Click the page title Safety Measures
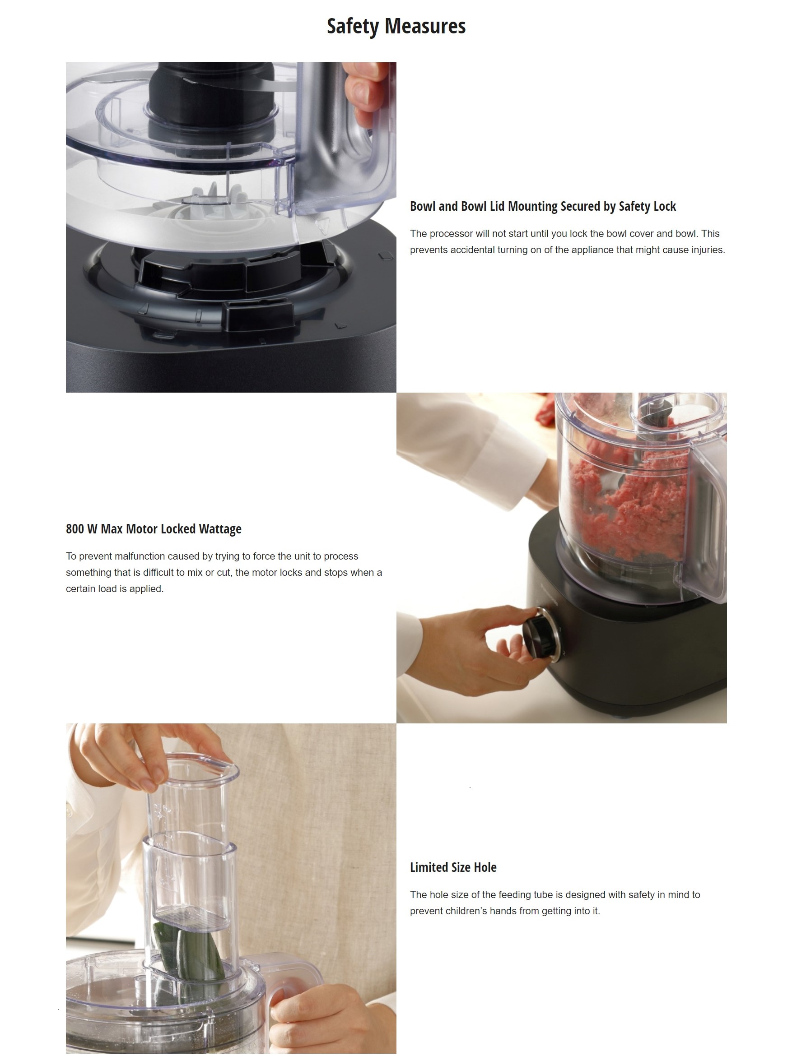pos(396,26)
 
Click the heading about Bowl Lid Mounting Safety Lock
pos(543,206)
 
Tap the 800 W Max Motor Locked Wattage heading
pos(154,529)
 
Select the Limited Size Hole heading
pos(453,867)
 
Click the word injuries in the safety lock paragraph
pos(708,250)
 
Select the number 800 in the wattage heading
pos(75,529)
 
